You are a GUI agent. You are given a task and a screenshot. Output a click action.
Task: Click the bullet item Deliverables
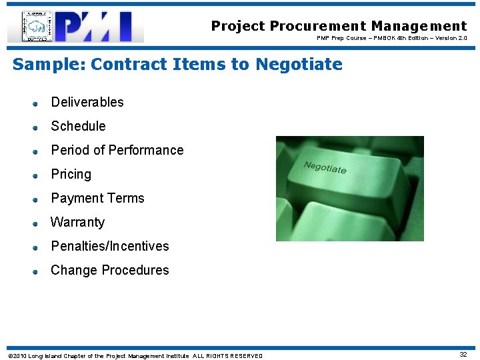87,102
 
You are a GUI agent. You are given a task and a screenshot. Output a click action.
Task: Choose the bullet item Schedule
78,126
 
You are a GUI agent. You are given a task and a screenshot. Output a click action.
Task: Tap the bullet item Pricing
71,174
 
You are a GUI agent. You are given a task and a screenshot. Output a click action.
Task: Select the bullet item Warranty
77,222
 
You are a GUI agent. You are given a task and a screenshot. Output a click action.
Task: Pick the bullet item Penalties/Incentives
110,246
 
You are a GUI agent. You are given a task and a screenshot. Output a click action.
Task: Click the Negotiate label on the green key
325,167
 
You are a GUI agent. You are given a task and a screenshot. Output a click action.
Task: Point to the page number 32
463,355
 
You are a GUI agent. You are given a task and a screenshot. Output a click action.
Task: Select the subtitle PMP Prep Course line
391,38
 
